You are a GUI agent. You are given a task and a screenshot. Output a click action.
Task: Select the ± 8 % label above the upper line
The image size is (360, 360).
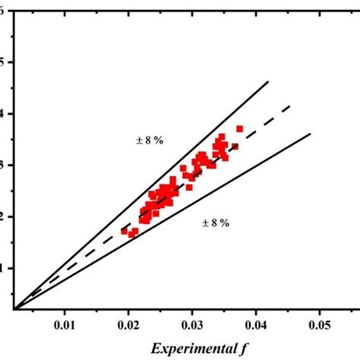click(144, 140)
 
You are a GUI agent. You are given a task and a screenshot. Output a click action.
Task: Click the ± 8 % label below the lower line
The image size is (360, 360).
click(216, 223)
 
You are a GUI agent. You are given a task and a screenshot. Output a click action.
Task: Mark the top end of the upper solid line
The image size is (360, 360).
click(269, 81)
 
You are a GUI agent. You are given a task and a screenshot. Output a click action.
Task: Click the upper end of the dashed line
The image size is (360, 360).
click(292, 106)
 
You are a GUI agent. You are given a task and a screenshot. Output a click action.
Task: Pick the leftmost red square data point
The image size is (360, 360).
click(125, 231)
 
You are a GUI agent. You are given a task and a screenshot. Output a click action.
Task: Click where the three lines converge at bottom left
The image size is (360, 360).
click(14, 308)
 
